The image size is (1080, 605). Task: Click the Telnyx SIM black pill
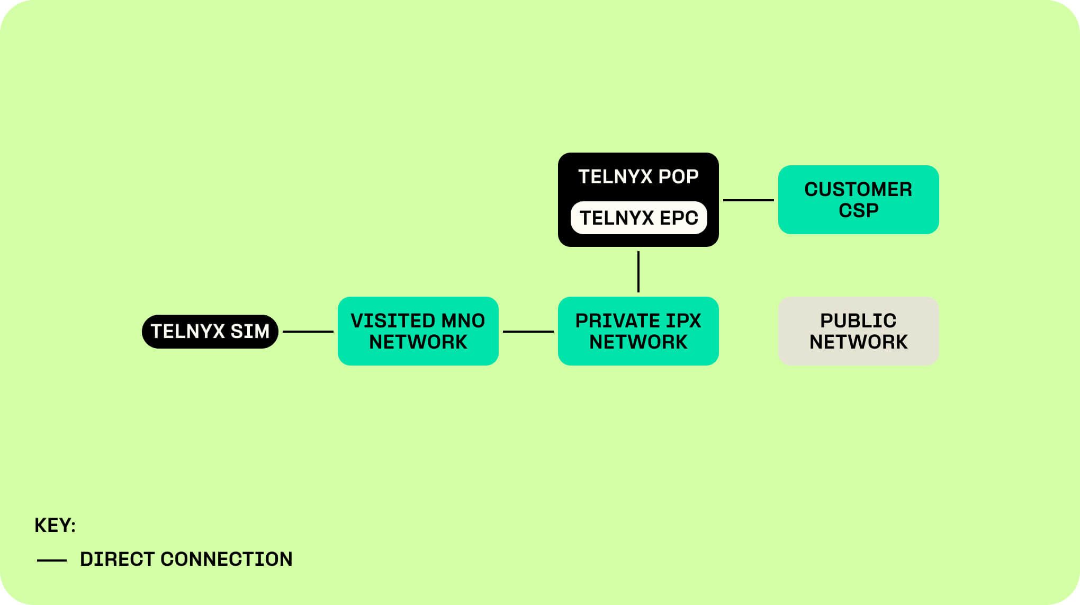(x=210, y=332)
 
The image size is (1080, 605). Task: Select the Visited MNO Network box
(x=418, y=331)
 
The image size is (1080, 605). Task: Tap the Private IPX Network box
(x=638, y=331)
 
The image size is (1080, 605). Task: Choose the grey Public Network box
(x=858, y=331)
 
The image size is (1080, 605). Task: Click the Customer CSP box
(x=858, y=200)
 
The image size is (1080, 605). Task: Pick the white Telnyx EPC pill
(x=638, y=218)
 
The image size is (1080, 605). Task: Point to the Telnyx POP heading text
(x=638, y=176)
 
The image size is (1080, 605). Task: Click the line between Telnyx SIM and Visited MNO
(x=308, y=332)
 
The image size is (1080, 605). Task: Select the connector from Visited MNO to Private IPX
(x=528, y=332)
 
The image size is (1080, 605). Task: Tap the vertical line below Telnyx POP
(x=638, y=271)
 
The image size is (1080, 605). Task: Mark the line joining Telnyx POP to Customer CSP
(x=748, y=200)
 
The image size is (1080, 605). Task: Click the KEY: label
(x=55, y=525)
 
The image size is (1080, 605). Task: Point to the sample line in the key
(x=52, y=560)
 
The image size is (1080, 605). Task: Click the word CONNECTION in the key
(x=226, y=559)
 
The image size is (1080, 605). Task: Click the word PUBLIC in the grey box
(x=858, y=321)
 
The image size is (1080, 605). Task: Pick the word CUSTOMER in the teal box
(x=858, y=189)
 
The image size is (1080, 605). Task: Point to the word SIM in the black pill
(x=250, y=331)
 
